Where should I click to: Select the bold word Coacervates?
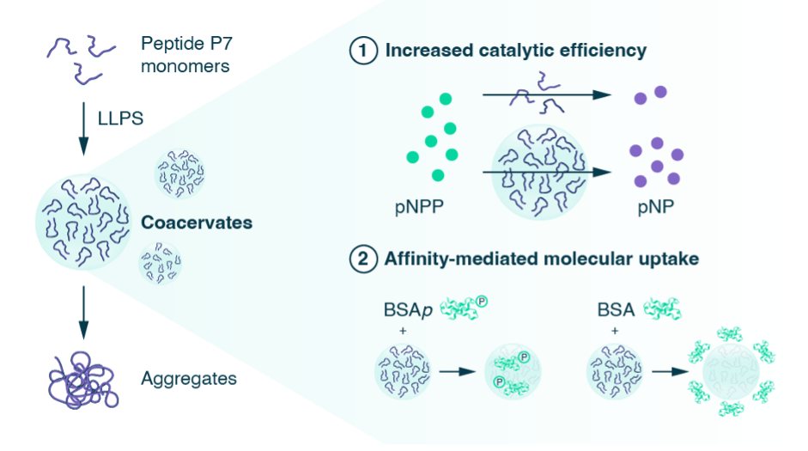coord(197,222)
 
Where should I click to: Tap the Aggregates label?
coord(189,378)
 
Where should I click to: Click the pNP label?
coord(650,209)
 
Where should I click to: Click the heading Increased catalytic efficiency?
coord(515,51)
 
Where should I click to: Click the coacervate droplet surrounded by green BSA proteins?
coord(732,370)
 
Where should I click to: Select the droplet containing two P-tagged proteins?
coord(513,370)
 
